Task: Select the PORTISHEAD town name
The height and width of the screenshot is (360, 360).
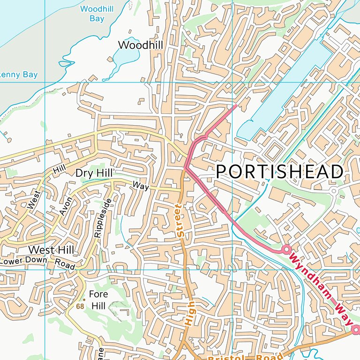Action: point(280,172)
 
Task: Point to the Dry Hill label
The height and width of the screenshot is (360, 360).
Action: point(94,173)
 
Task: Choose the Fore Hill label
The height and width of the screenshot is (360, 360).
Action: point(98,300)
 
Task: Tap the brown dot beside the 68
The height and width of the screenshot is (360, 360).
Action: point(84,300)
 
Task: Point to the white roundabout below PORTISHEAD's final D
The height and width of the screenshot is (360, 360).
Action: point(334,191)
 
